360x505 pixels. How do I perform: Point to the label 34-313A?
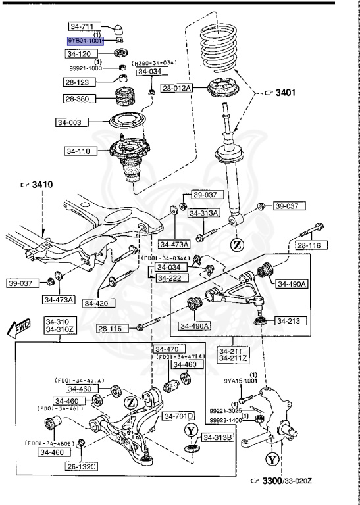click(x=203, y=213)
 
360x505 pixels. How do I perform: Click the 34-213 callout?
click(x=288, y=321)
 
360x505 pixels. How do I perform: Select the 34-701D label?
click(x=179, y=416)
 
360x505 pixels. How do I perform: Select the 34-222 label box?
click(x=169, y=279)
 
